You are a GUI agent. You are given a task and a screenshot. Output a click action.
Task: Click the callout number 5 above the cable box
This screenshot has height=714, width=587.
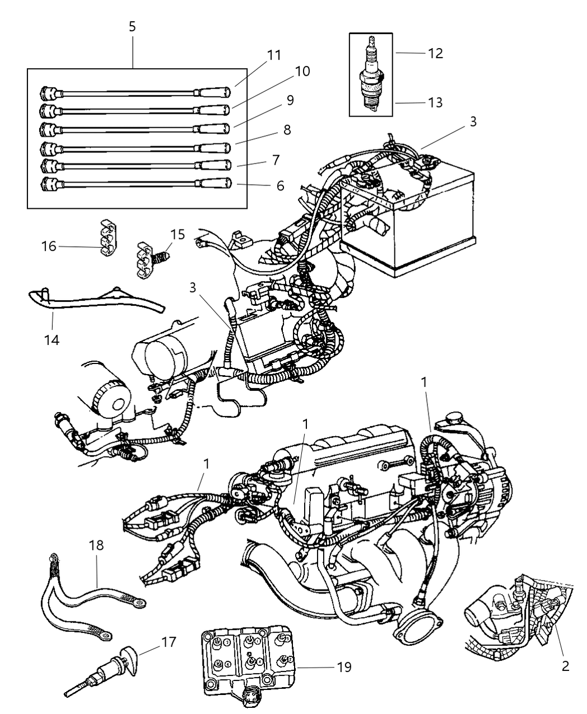132,26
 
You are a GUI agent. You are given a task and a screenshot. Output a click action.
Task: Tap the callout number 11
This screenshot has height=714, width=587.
274,55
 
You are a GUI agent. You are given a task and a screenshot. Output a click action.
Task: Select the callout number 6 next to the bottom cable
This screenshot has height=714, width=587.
281,185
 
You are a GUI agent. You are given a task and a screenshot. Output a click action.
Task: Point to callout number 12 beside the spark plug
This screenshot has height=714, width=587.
435,53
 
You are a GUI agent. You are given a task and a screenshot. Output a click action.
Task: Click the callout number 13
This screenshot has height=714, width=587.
435,102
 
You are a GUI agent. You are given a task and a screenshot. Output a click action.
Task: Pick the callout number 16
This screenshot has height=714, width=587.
49,245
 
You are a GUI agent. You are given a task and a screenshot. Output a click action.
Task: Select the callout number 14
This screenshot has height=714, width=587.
52,339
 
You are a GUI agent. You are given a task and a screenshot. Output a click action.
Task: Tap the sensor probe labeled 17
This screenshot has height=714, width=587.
106,672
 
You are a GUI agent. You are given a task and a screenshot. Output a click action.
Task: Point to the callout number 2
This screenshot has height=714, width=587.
565,665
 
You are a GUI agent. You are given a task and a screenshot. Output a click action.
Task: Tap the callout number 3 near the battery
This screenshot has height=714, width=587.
473,122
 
